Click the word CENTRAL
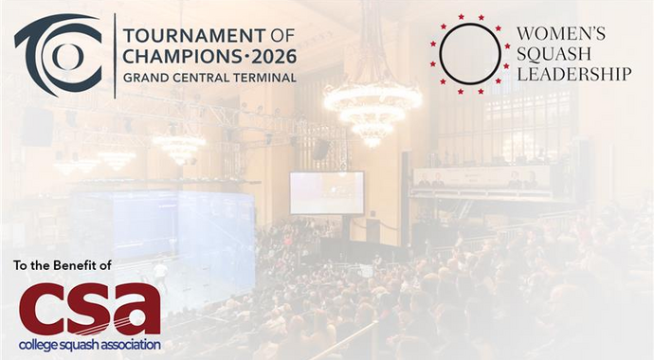[x=201, y=77]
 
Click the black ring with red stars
[x=469, y=53]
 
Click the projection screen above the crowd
[x=326, y=191]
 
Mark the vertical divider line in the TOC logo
[x=115, y=56]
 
